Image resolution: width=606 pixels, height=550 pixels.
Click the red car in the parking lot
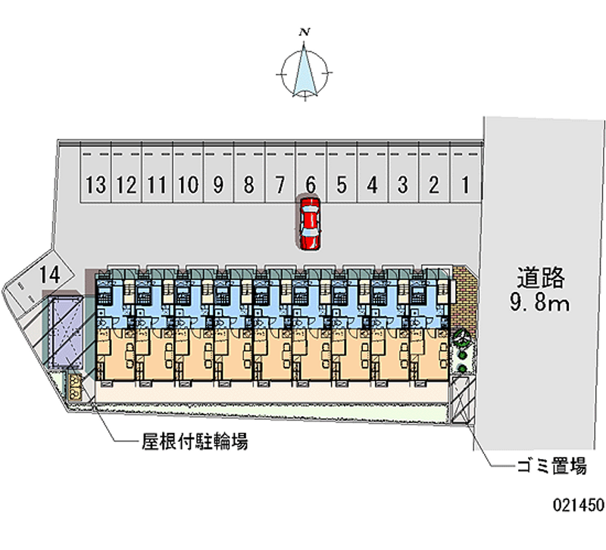pyautogui.click(x=310, y=223)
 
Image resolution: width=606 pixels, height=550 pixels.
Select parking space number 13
pyautogui.click(x=95, y=184)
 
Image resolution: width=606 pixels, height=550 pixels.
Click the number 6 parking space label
pyautogui.click(x=311, y=184)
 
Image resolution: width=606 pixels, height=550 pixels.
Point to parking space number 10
pyautogui.click(x=188, y=184)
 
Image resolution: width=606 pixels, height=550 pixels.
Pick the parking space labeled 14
pyautogui.click(x=50, y=275)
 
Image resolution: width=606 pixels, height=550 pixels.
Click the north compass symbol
pyautogui.click(x=305, y=73)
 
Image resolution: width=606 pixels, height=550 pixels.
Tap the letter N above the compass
pyautogui.click(x=305, y=32)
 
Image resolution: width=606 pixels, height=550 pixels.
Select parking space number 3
pyautogui.click(x=403, y=184)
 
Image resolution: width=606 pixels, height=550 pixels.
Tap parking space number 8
pyautogui.click(x=248, y=184)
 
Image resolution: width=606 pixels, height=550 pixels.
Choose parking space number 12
pyautogui.click(x=127, y=184)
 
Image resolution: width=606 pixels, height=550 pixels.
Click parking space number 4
pyautogui.click(x=372, y=184)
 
